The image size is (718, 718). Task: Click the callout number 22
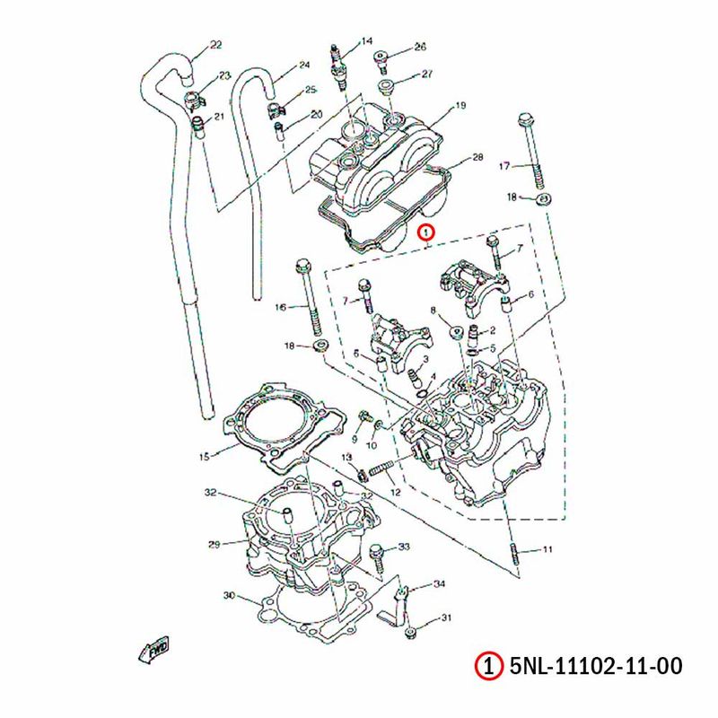click(215, 45)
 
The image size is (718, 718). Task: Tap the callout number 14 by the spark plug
click(366, 41)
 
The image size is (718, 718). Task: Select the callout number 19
click(460, 106)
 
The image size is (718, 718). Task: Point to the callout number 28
click(477, 158)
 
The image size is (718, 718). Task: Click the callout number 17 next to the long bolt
click(503, 166)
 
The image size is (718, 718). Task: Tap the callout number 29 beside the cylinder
click(214, 544)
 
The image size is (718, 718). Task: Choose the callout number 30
click(228, 596)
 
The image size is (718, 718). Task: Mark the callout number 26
click(420, 47)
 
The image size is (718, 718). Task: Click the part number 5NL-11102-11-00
click(596, 667)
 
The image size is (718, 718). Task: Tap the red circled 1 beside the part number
click(486, 667)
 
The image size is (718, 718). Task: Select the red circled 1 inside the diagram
click(427, 232)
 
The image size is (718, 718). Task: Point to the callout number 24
click(303, 65)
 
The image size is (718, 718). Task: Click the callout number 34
click(439, 584)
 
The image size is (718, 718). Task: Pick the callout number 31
click(446, 618)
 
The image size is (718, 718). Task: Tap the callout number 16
click(280, 307)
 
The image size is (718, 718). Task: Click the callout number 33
click(403, 547)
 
